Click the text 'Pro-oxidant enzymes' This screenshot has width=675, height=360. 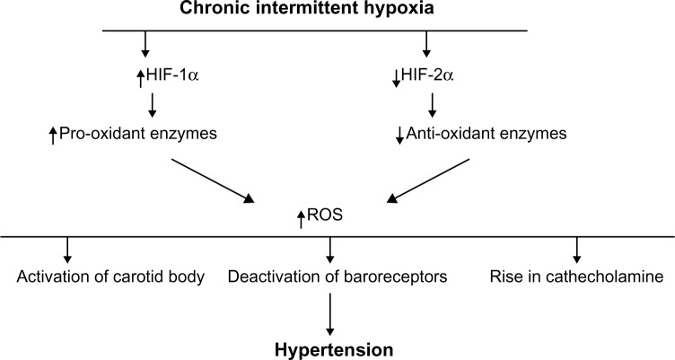click(139, 136)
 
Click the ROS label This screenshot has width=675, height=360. click(328, 216)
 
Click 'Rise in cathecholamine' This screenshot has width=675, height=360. click(577, 277)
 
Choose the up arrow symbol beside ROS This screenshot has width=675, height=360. click(302, 217)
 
